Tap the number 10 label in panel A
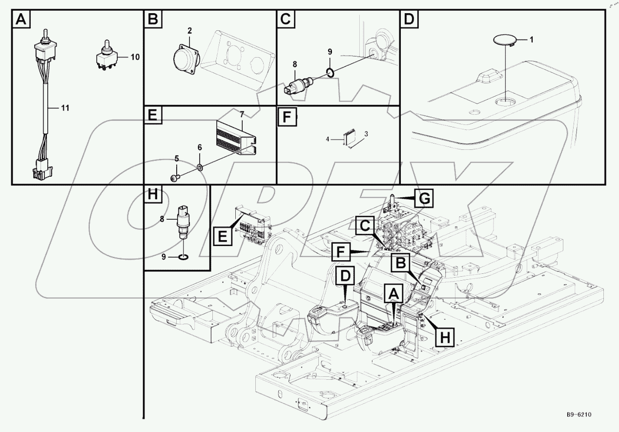[x=134, y=57]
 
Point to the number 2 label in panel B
[x=189, y=31]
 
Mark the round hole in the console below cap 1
[x=504, y=102]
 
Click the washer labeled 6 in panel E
[x=200, y=167]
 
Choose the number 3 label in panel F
[x=366, y=133]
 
